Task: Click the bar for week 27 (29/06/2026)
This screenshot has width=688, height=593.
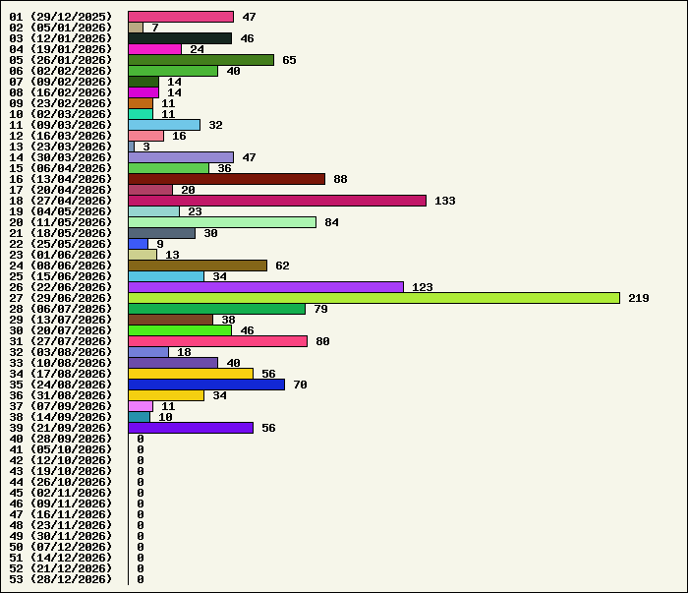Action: (x=373, y=298)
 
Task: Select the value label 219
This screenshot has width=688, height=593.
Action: (x=639, y=298)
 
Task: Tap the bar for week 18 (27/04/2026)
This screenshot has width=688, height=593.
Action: (x=277, y=201)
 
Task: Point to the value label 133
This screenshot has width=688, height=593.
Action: (x=445, y=201)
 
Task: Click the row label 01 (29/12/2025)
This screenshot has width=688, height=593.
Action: (x=61, y=17)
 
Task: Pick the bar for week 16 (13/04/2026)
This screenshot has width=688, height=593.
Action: (x=227, y=179)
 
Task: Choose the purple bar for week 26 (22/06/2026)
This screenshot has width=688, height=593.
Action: (x=266, y=287)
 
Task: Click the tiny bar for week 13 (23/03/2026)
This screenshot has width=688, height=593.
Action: (x=131, y=147)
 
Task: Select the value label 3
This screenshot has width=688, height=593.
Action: (x=146, y=147)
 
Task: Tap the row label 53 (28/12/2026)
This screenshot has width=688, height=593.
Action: (x=61, y=579)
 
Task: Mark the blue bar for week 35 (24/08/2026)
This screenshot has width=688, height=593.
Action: (x=206, y=385)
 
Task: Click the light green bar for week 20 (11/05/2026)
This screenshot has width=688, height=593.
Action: (x=222, y=222)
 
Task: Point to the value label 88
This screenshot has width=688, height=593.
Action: (x=340, y=179)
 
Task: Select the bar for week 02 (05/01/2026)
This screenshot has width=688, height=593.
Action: (x=136, y=28)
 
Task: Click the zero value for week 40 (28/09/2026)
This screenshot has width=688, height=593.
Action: (x=141, y=439)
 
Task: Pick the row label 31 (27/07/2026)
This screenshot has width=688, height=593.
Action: (x=61, y=341)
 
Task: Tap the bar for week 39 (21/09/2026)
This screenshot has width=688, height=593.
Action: (x=191, y=428)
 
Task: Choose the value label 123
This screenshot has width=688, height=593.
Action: (x=423, y=287)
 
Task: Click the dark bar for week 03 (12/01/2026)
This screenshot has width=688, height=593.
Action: (x=180, y=38)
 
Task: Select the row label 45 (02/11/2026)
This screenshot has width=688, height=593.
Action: (x=61, y=493)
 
